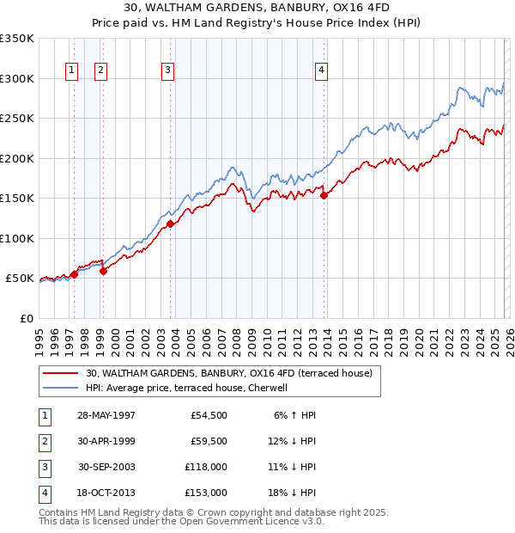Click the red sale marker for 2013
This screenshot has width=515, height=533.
324,196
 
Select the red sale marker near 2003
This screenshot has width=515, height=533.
170,224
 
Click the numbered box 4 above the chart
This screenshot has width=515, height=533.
321,70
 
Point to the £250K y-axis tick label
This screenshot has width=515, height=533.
17,119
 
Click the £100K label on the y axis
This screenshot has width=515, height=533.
17,238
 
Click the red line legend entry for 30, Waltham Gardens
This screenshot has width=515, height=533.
228,374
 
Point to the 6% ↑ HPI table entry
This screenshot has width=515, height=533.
294,415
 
